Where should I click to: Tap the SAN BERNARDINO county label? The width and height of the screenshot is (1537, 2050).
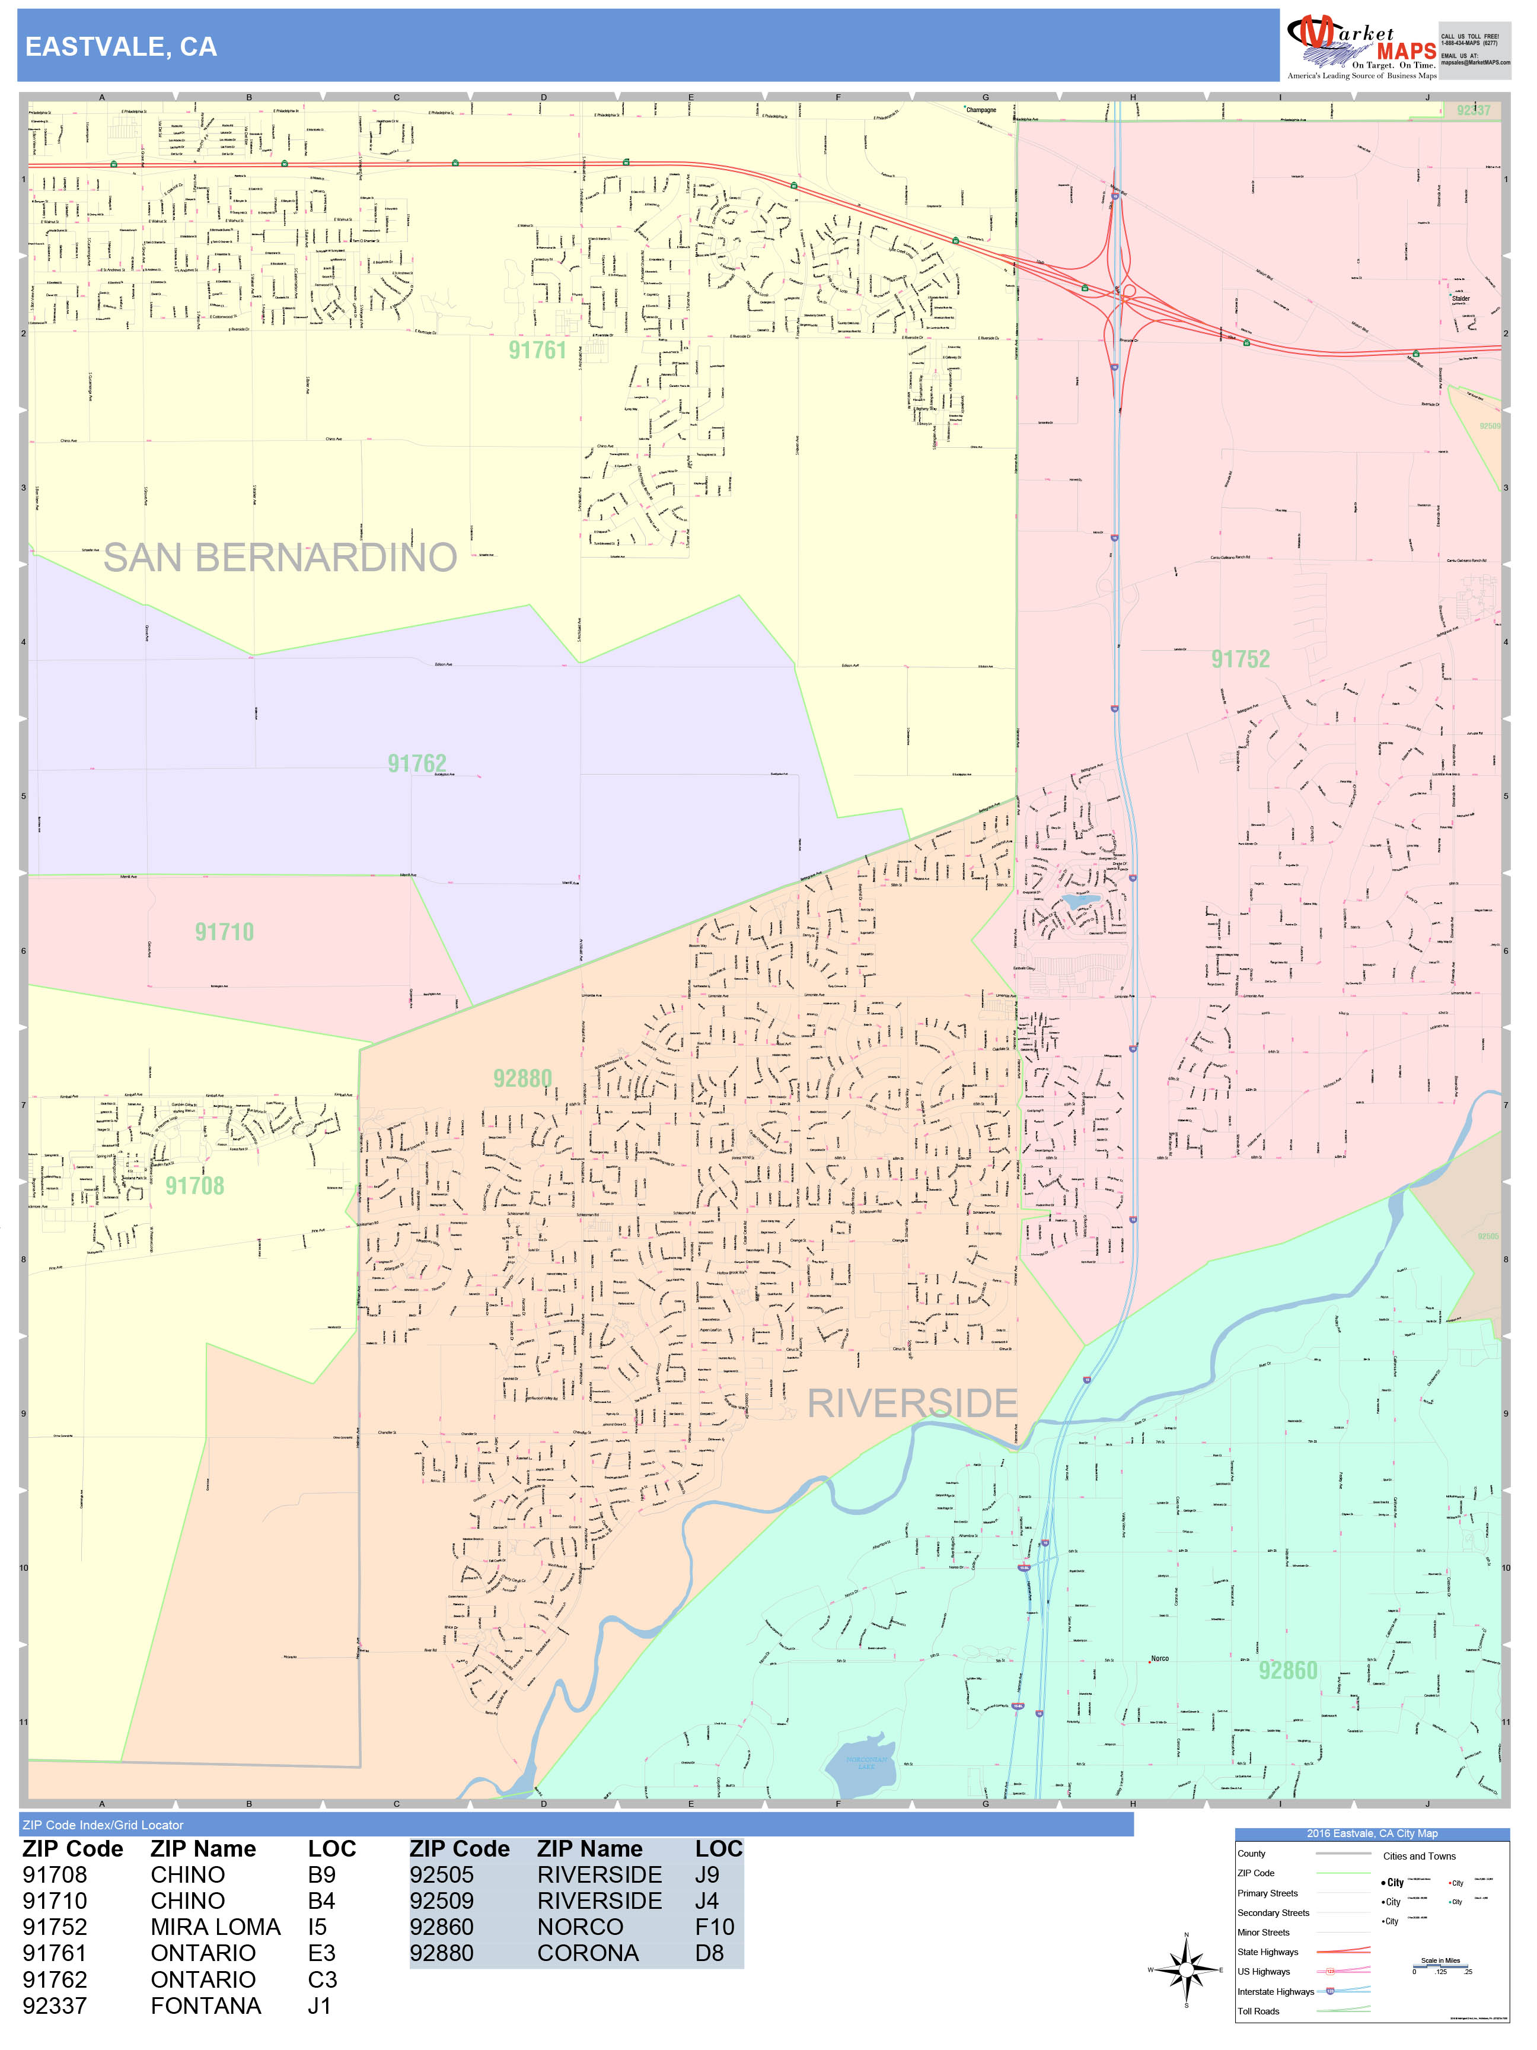280,558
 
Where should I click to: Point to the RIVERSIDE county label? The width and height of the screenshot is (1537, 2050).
913,1403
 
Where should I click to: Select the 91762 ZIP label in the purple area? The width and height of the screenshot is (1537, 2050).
417,763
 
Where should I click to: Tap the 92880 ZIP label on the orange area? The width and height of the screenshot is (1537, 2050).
522,1079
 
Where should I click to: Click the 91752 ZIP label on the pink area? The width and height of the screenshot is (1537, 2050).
1241,660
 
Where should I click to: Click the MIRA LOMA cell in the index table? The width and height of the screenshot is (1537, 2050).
215,1927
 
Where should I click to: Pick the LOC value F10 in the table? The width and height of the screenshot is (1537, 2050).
715,1927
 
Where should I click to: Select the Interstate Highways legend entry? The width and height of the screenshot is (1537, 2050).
1275,1992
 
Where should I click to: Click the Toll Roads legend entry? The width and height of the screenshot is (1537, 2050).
1258,2011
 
